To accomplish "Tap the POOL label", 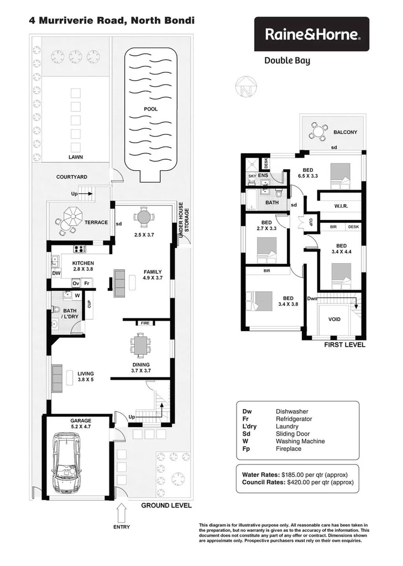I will pos(150,109).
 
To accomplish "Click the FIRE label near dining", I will pos(145,322).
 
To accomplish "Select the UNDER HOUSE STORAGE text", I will pos(183,221).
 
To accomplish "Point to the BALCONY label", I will pos(346,132).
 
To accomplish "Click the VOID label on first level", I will pos(334,319).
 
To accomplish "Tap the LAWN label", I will pos(76,156).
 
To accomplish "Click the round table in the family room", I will pos(144,216).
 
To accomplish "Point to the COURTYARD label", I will pos(71,177).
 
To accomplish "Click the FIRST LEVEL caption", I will pos(345,344).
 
